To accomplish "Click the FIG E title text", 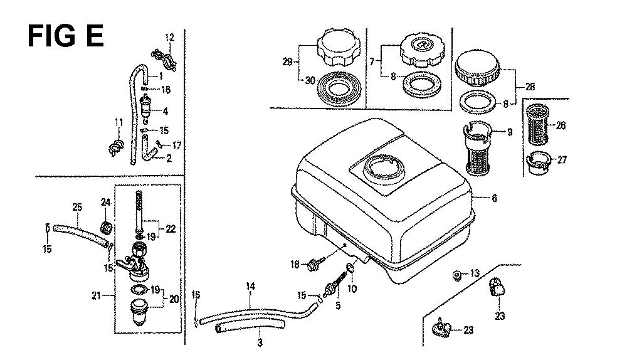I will coord(66,36).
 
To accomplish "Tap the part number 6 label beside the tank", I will coord(494,199).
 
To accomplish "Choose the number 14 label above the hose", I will coord(251,287).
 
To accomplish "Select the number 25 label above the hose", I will coord(78,206).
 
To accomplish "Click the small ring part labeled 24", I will coord(106,224).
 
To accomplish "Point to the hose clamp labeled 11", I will coord(115,148).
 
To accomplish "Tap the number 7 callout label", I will coord(372,61).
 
